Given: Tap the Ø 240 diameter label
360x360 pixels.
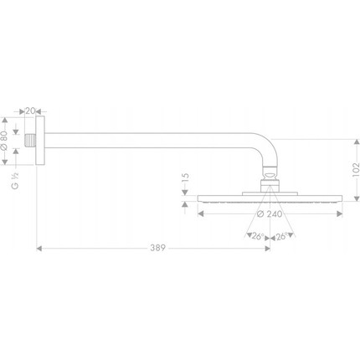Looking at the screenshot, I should coord(269,213).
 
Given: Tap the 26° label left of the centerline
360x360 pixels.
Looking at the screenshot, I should coord(256,236).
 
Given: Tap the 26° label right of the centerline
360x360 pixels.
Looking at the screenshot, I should coord(283,236).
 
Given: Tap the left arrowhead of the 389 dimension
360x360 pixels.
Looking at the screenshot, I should coord(39,248).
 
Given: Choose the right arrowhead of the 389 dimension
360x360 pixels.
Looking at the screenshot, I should coord(267,248).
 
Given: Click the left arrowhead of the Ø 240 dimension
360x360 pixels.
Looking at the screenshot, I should coord(199,213).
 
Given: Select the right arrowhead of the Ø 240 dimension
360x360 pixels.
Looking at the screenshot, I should coord(338,213).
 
